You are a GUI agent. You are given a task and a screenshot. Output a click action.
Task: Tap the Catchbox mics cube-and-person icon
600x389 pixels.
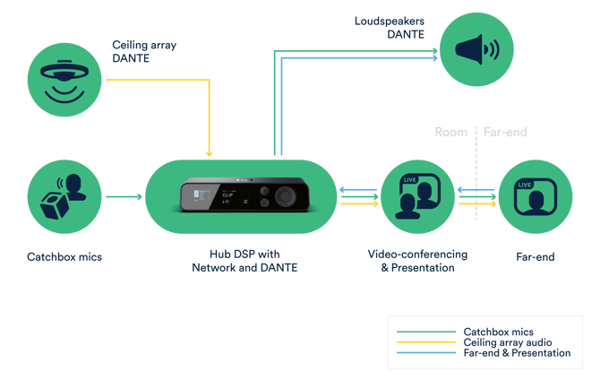pos(64,196)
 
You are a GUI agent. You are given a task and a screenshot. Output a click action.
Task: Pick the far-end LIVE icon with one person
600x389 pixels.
pos(536,196)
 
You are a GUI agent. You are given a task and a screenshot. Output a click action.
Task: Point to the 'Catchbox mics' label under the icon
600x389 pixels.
pos(64,257)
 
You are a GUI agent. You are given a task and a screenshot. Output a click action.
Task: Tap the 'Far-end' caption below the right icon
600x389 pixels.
pos(536,257)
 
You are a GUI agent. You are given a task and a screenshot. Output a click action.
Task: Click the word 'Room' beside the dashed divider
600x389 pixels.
pos(451,132)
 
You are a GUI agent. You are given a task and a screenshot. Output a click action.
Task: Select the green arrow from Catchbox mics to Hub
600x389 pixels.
pos(124,196)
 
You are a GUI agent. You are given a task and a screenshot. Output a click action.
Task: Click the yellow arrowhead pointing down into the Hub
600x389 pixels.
pos(209,152)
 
